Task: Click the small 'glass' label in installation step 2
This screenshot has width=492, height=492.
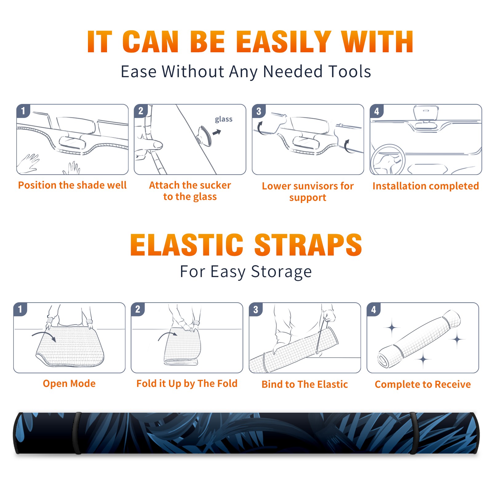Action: [224, 119]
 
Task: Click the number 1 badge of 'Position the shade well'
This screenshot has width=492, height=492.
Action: [23, 111]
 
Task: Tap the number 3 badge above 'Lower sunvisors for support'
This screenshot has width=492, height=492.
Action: [259, 111]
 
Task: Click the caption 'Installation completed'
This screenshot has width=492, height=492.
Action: [426, 186]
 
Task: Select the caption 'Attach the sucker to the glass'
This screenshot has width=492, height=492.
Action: [190, 191]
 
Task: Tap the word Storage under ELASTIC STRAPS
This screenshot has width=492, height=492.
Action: [281, 272]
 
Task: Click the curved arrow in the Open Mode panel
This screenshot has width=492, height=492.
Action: [44, 335]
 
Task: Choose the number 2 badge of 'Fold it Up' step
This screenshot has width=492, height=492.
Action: [138, 309]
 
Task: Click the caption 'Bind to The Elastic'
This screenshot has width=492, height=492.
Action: [305, 384]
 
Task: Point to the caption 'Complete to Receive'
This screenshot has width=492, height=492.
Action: [423, 384]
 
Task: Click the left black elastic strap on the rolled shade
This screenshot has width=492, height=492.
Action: [77, 433]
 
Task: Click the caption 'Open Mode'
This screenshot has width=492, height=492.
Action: [69, 384]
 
